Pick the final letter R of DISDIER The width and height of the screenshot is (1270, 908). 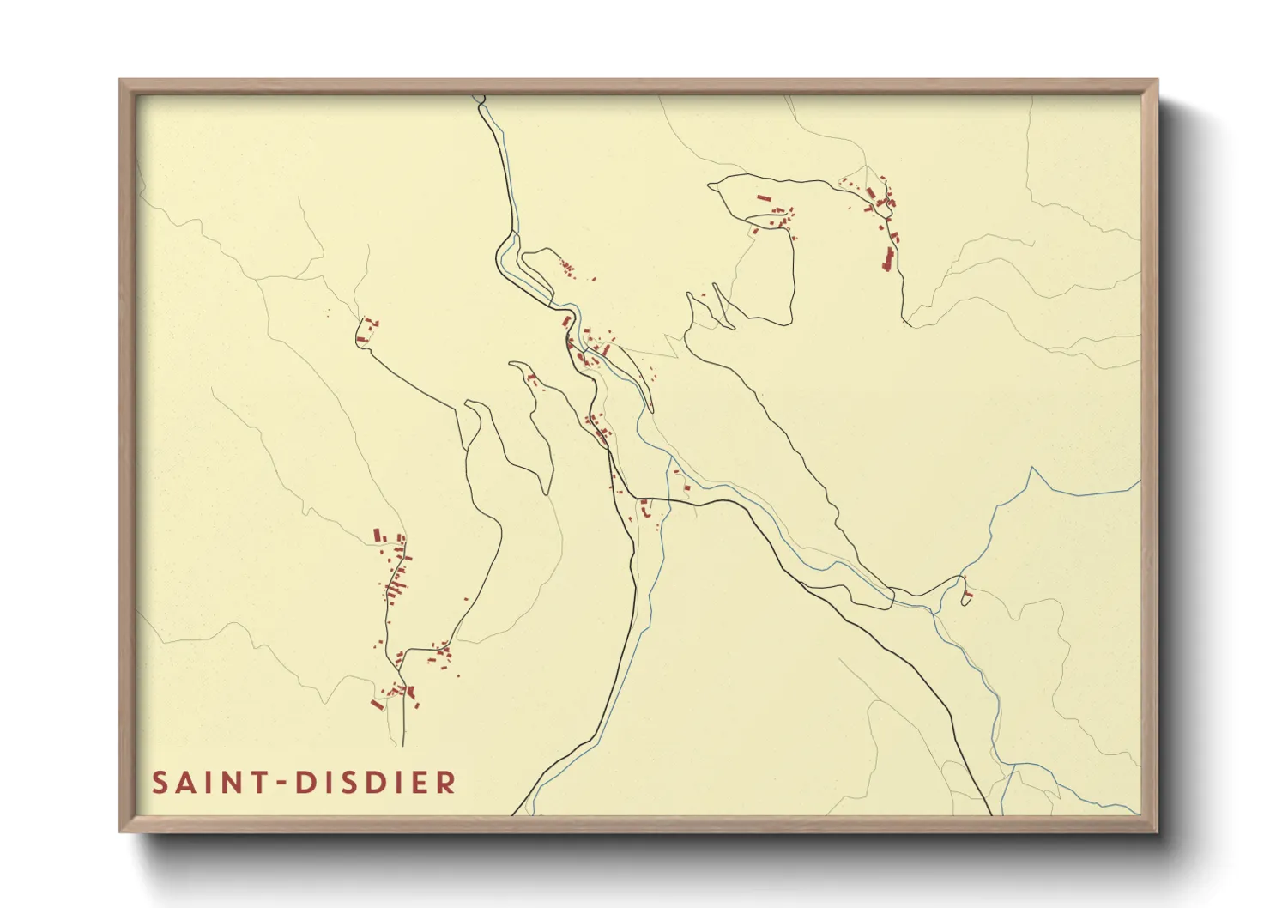[446, 783]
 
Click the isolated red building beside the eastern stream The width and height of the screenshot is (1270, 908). [968, 594]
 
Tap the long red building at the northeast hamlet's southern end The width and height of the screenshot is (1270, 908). [888, 258]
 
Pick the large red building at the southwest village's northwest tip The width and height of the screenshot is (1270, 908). [377, 535]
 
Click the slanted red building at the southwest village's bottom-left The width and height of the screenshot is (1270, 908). [376, 705]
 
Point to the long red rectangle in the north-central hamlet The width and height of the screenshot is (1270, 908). [762, 198]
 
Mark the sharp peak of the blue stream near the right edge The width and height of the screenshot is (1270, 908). [1031, 469]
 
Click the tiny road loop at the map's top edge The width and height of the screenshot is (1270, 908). [480, 100]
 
